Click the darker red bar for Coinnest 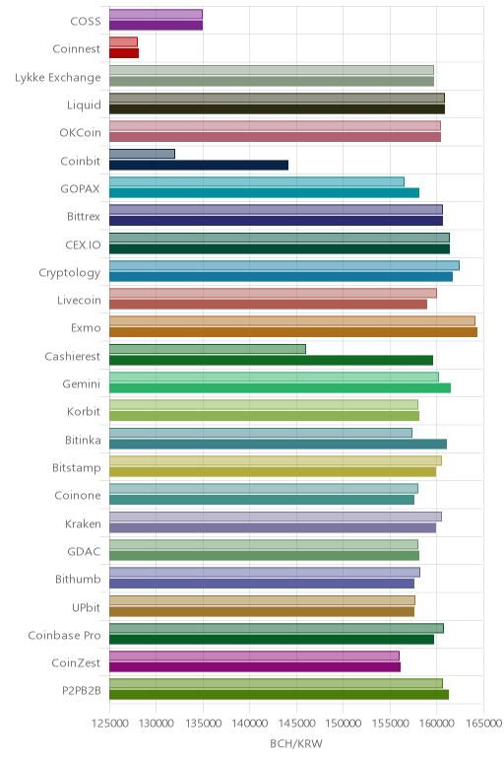124,53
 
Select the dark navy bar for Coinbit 199,165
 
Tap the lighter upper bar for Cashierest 208,349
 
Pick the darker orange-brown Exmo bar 293,332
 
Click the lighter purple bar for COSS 157,14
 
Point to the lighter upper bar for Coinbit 142,154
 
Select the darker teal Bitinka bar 279,444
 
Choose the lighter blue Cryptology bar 284,265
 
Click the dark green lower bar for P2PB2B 280,695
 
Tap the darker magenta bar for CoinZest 255,666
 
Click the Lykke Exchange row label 58,78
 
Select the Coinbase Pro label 64,635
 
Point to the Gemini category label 82,383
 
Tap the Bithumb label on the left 78,579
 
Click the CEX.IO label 84,244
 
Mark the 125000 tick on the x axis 109,724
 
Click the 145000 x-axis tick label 296,724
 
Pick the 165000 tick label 483,724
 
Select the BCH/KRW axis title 296,743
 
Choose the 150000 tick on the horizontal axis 344,724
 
